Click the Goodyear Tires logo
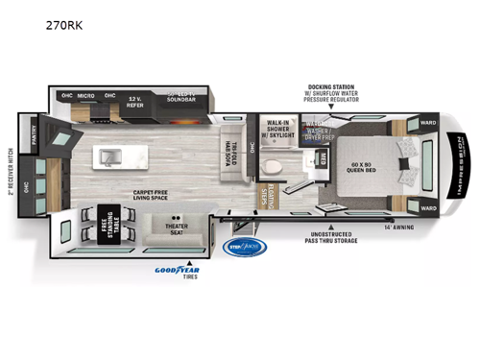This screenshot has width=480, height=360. (178, 272)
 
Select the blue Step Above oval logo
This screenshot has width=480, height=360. (247, 247)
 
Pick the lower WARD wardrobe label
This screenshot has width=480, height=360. (427, 207)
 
